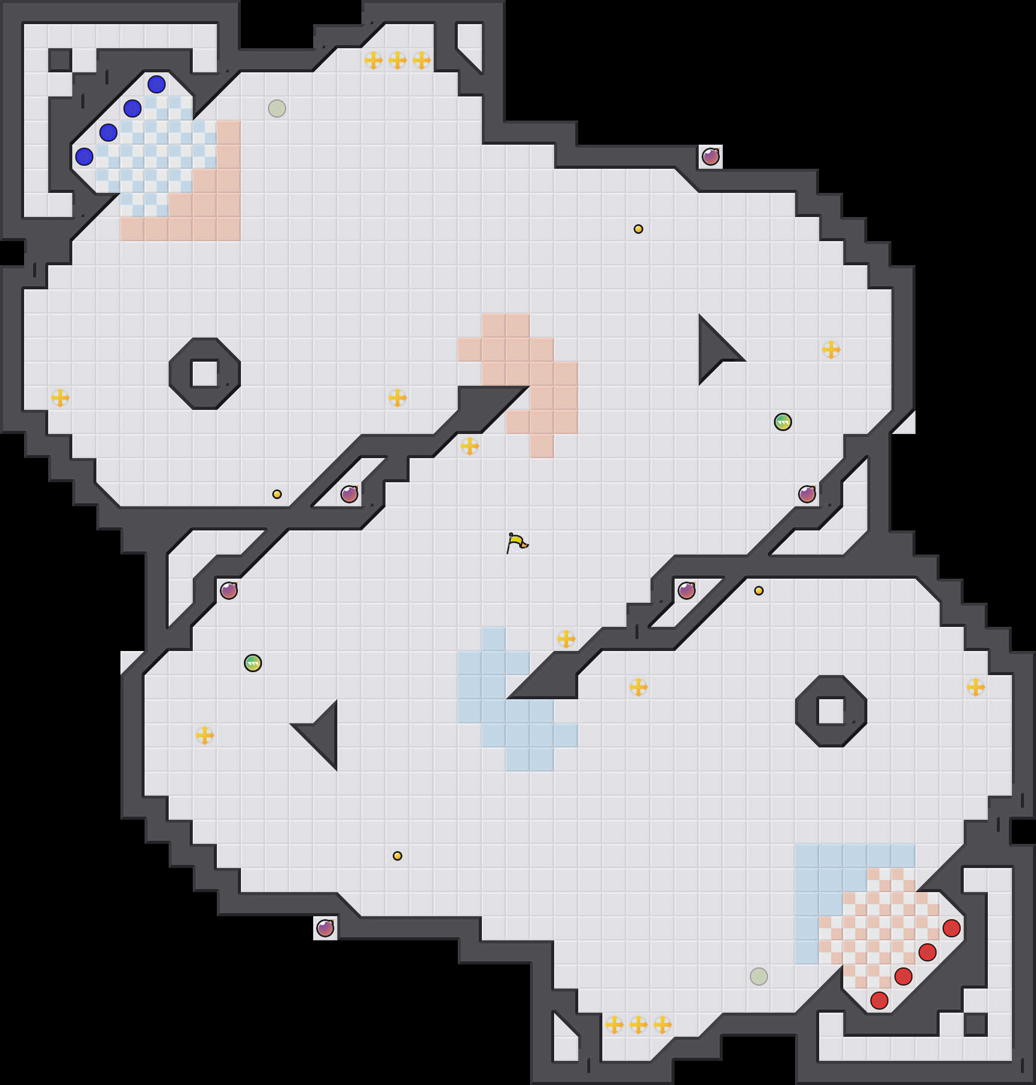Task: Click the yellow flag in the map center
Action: tap(517, 542)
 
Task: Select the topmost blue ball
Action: tap(157, 84)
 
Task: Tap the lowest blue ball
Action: tap(84, 157)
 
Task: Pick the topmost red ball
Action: tap(952, 928)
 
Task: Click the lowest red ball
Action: tap(879, 1001)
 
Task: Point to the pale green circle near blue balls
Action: tap(277, 108)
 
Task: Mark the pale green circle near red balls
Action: tap(759, 976)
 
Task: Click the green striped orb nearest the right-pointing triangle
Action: tap(783, 422)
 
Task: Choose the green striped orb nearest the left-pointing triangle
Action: tap(253, 663)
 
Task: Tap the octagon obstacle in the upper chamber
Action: tap(205, 374)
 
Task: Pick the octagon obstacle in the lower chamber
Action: tap(831, 711)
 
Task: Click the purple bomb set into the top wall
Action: tap(711, 157)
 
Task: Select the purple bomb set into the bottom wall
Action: tap(325, 928)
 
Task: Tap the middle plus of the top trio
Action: tap(398, 60)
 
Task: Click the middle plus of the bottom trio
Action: tap(638, 1025)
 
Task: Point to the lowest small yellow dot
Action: tap(398, 856)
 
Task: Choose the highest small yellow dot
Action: tap(638, 229)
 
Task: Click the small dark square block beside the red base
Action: tap(976, 1025)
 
